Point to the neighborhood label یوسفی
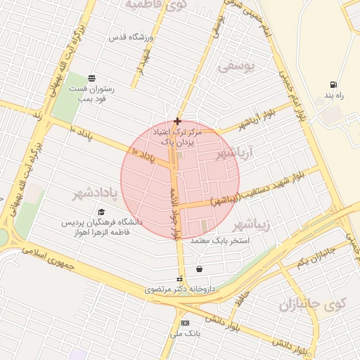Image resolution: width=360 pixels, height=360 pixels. pos(234,67)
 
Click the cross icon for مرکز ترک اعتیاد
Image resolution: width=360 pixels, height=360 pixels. pos(177,121)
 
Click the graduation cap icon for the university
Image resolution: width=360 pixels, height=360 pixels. pos(101,212)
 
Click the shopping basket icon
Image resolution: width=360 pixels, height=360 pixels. pos(200,269)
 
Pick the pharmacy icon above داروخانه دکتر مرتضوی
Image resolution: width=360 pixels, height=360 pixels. pos(179,278)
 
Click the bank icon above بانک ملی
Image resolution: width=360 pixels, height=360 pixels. pos(185,323)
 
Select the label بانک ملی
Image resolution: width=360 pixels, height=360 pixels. pos(185,333)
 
